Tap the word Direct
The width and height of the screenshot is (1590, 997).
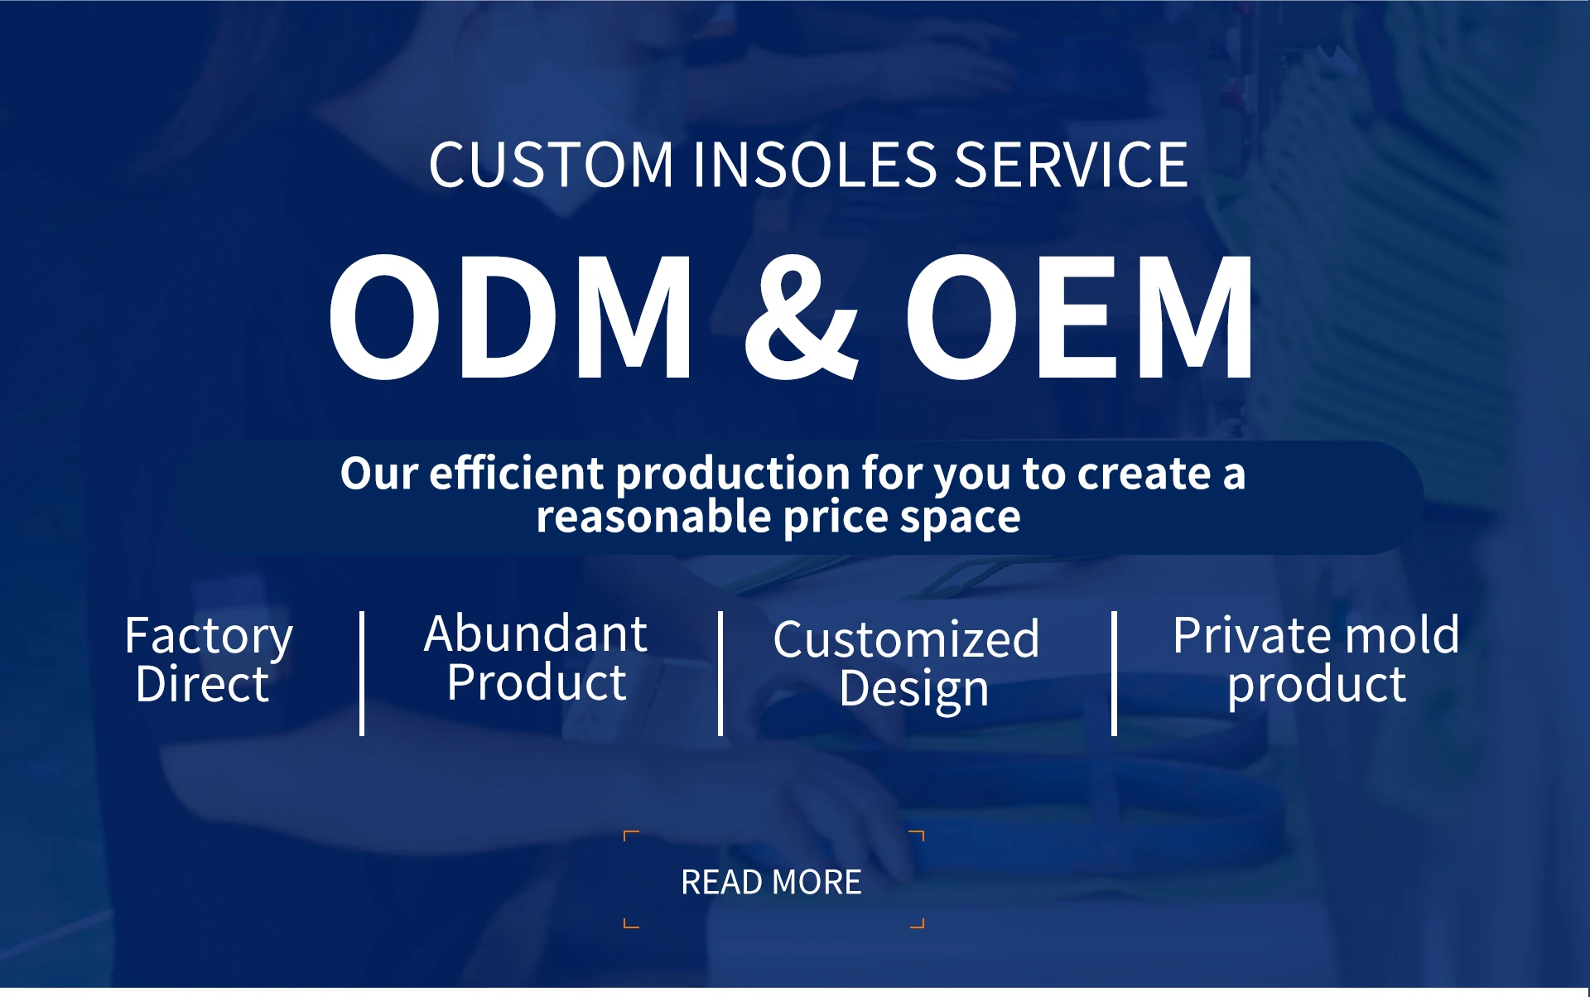pyautogui.click(x=202, y=685)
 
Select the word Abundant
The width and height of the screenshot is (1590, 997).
pyautogui.click(x=535, y=634)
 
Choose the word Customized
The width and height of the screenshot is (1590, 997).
pyautogui.click(x=906, y=640)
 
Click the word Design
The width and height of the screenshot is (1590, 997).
pyautogui.click(x=913, y=690)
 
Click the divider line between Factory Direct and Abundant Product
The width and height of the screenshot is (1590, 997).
pyautogui.click(x=362, y=673)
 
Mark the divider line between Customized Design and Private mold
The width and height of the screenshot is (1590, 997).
pyautogui.click(x=1114, y=673)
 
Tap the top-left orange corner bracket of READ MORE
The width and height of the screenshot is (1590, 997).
pyautogui.click(x=629, y=835)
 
